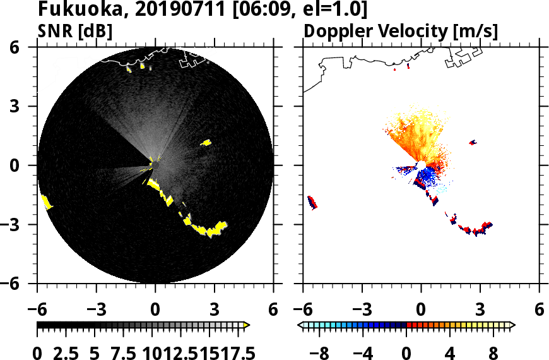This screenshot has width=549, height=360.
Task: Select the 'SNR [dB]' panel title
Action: pos(75,30)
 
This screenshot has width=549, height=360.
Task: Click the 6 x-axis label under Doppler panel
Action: pos(539,310)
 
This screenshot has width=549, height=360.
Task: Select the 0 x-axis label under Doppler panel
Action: pos(421,310)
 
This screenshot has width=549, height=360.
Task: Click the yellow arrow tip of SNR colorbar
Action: pos(247,325)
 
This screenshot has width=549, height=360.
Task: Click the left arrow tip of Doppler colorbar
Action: pos(300,325)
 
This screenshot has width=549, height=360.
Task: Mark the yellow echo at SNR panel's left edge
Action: pos(46,202)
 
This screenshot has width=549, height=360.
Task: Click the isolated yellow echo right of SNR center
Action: pos(206,143)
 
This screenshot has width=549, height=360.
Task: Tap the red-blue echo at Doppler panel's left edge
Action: pos(312,203)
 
